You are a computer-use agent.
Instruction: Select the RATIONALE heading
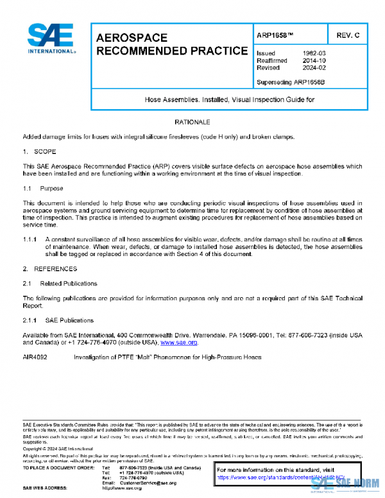point(193,122)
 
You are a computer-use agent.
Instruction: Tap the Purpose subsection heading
point(52,189)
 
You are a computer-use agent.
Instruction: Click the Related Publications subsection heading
point(69,283)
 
